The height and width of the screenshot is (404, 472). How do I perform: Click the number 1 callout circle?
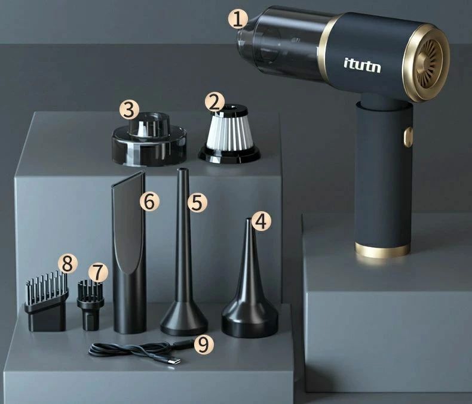(x=238, y=18)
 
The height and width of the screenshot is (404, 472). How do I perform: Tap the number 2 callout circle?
(x=214, y=103)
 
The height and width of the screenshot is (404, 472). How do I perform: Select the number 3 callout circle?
(x=129, y=110)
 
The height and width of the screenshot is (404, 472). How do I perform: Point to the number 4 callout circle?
(x=261, y=221)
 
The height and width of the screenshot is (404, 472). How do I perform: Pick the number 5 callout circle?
(x=197, y=202)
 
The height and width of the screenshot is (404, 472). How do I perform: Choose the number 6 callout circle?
(x=149, y=201)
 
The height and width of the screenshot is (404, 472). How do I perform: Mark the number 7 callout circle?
(x=98, y=273)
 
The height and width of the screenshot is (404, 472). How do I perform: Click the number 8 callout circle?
(x=68, y=264)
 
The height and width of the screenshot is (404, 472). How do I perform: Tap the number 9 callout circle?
(x=204, y=344)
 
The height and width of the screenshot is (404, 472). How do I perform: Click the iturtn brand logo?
(x=362, y=66)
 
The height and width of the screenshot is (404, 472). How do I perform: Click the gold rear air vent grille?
(x=429, y=64)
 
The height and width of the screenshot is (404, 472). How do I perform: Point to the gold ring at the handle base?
(x=382, y=250)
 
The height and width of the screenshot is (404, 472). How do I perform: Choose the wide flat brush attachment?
(x=47, y=301)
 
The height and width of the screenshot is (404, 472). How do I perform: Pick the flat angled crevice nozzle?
(x=130, y=252)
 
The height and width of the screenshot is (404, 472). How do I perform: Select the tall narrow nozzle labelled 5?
(x=183, y=252)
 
